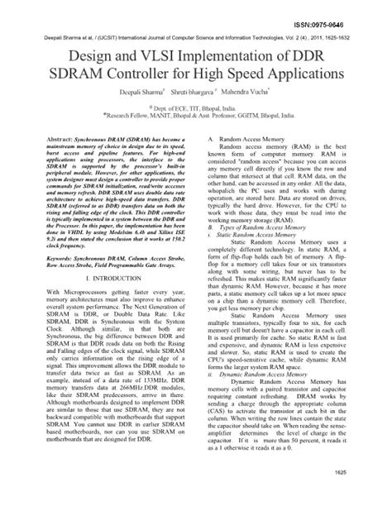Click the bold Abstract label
56,133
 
